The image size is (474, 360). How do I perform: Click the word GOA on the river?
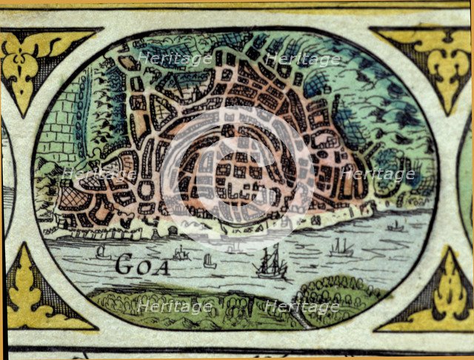point(143,265)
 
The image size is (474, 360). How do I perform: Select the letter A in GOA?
point(161,266)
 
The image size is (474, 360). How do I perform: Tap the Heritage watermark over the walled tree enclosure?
point(378,175)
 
